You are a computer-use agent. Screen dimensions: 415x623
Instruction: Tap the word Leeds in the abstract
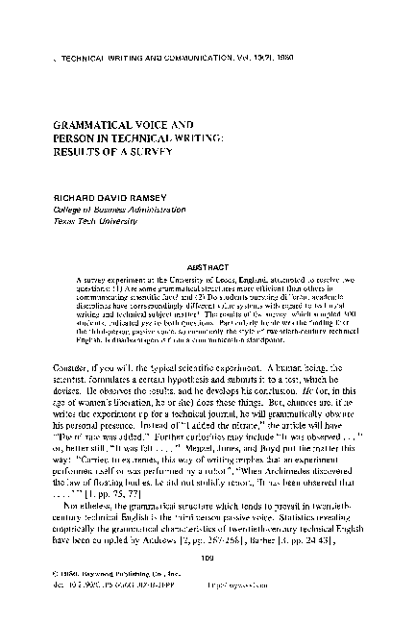coord(205,272)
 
